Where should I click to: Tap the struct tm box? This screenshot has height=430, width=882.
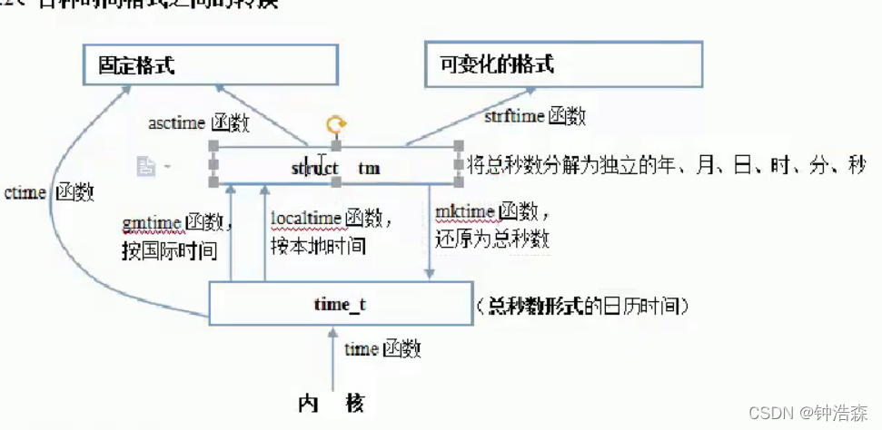point(335,167)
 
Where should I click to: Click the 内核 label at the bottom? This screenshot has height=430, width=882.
point(332,404)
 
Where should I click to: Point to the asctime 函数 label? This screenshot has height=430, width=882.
point(199,123)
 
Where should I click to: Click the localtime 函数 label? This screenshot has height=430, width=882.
point(332,218)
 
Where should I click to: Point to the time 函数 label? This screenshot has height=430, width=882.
point(382,348)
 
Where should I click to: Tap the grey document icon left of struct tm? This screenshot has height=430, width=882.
point(145,166)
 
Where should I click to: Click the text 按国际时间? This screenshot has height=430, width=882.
point(169,249)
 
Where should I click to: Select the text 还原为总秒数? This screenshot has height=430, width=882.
point(491,240)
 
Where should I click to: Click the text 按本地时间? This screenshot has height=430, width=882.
point(318,245)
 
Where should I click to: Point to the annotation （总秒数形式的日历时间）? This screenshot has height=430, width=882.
point(581,307)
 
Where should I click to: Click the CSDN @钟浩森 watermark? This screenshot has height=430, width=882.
point(808,413)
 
